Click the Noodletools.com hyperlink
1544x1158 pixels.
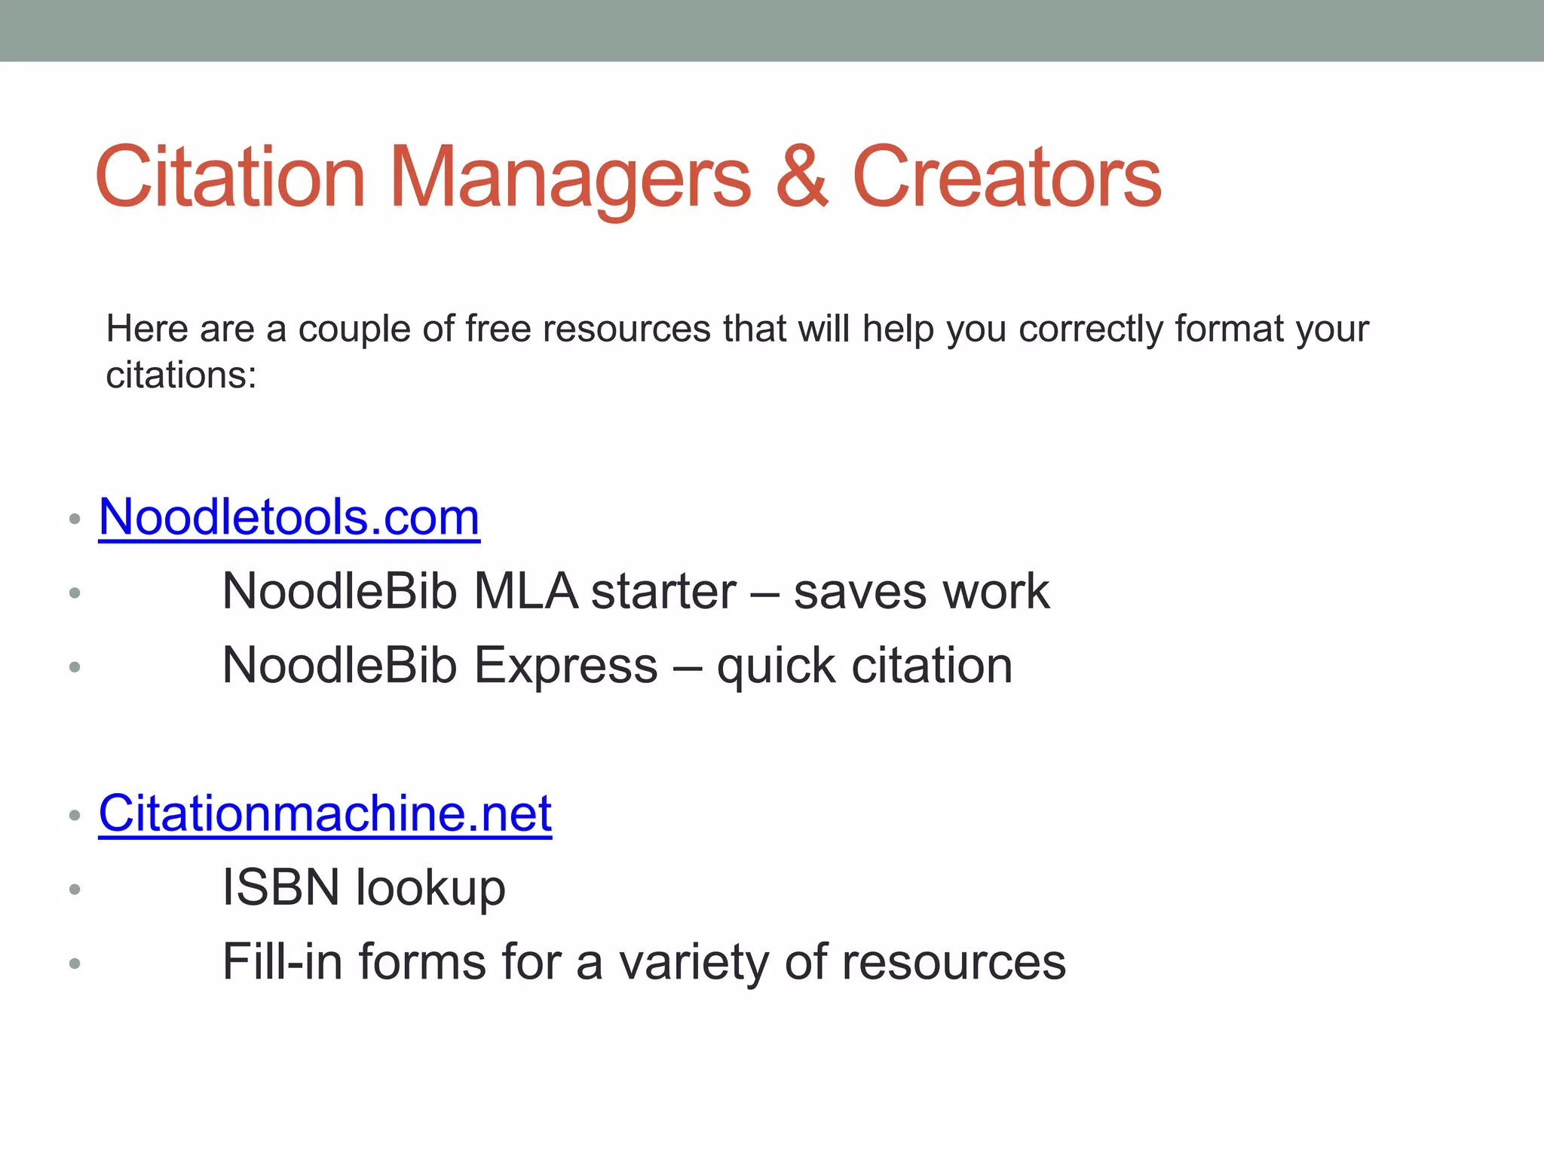pyautogui.click(x=289, y=518)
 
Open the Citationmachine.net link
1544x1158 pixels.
pyautogui.click(x=325, y=814)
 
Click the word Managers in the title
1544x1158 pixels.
pyautogui.click(x=570, y=178)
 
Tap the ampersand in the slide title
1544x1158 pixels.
pyautogui.click(x=802, y=178)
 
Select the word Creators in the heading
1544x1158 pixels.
pyautogui.click(x=1006, y=178)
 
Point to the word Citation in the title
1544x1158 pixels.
pyautogui.click(x=230, y=178)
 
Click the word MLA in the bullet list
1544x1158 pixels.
pyautogui.click(x=525, y=591)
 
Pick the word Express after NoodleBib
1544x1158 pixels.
pyautogui.click(x=565, y=666)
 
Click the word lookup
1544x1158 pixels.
pyautogui.click(x=430, y=887)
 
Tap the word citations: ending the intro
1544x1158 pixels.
pyautogui.click(x=181, y=375)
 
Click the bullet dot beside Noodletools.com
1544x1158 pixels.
pyautogui.click(x=74, y=519)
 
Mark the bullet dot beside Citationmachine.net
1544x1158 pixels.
pyautogui.click(x=74, y=815)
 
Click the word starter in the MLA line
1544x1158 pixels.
pyautogui.click(x=663, y=591)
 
